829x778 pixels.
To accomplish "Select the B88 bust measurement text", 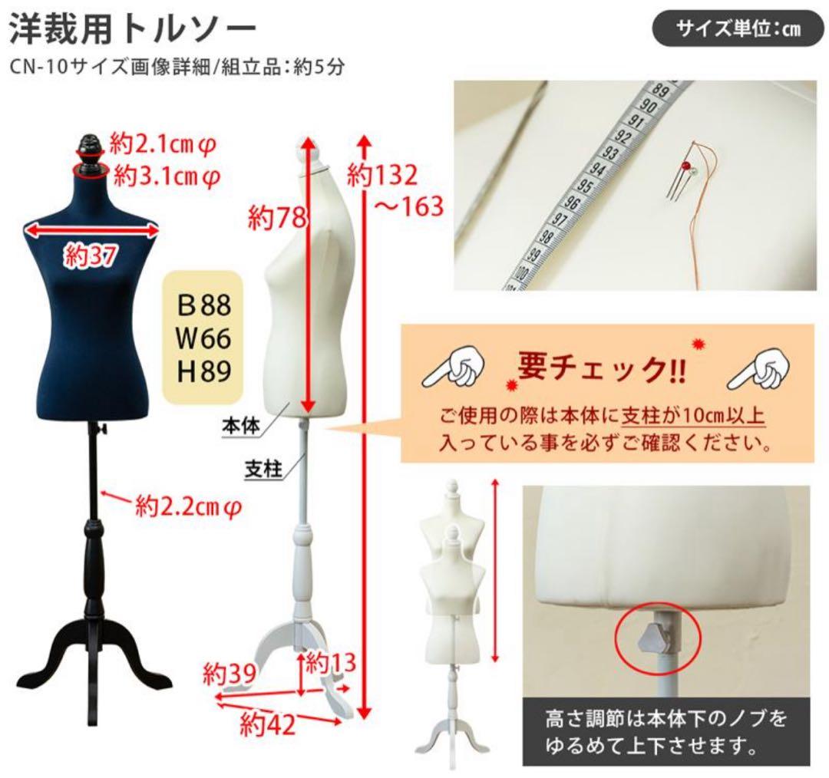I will [x=204, y=305].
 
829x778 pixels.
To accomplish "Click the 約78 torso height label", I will [x=276, y=219].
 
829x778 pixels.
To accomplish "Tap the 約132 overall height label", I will [x=381, y=176].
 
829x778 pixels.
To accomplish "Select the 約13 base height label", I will [x=332, y=661].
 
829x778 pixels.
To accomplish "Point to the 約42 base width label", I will [x=266, y=722].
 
